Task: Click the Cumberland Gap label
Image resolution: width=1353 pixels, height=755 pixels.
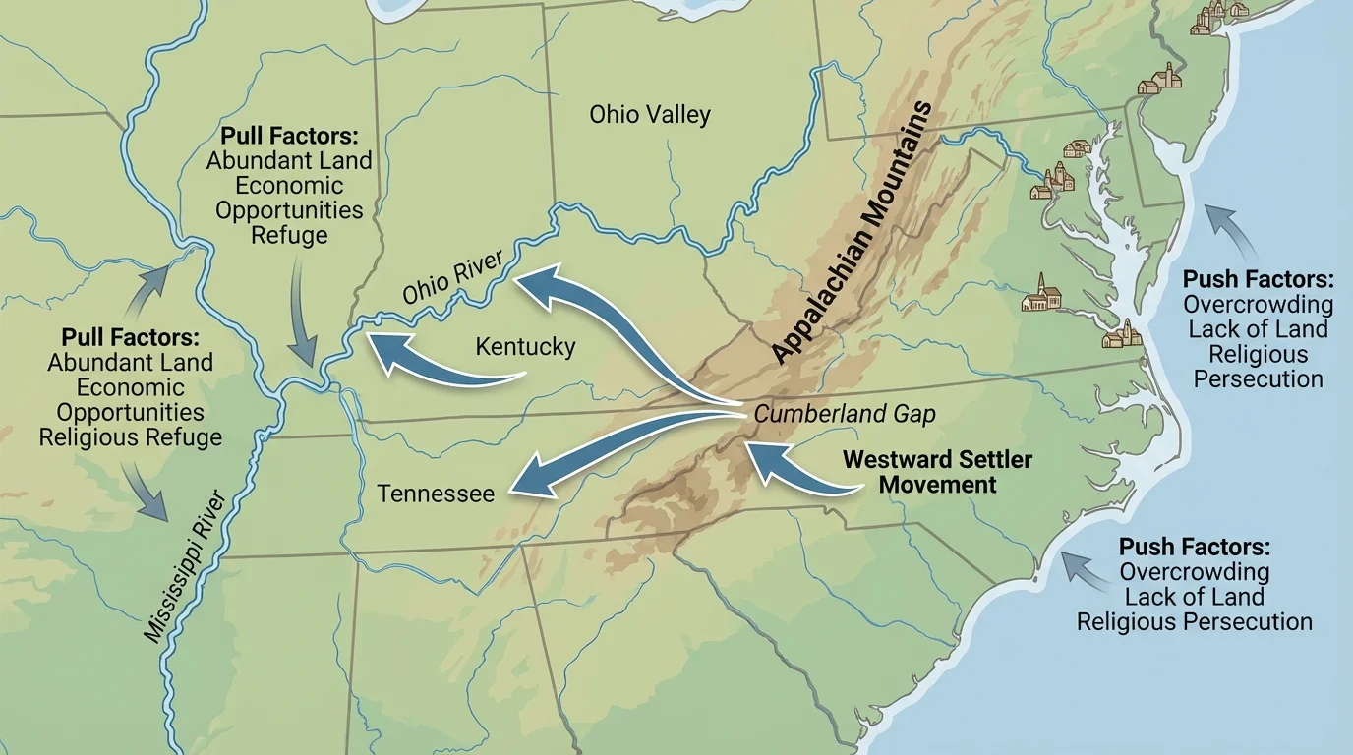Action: [x=845, y=414]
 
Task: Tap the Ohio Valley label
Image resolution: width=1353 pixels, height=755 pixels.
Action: [x=650, y=115]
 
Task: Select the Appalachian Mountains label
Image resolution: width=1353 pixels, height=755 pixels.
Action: [x=852, y=233]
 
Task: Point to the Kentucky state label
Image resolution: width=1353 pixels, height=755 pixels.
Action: [x=525, y=347]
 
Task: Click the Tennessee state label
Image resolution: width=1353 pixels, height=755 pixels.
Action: [x=436, y=493]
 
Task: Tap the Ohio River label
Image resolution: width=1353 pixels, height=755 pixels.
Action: [x=452, y=276]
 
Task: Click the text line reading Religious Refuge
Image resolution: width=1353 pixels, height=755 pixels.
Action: [x=131, y=437]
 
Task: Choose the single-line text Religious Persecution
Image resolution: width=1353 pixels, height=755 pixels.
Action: [x=1194, y=621]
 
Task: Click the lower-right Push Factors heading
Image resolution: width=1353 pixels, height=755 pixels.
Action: [x=1194, y=547]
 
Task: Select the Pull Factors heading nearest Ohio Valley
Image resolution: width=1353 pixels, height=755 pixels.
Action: [x=289, y=135]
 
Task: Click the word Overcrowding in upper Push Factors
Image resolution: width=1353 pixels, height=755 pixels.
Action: [x=1258, y=305]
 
